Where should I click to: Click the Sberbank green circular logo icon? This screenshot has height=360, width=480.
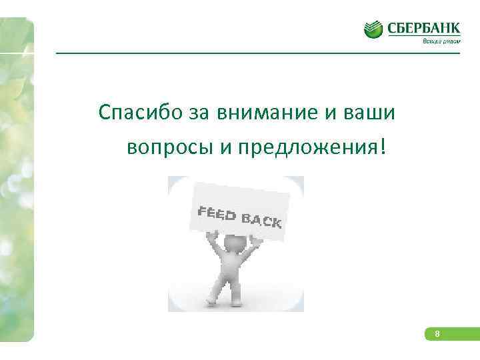(373, 29)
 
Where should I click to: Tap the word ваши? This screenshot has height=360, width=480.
(373, 113)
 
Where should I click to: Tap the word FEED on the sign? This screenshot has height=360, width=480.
(217, 214)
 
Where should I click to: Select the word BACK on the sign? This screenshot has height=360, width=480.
(261, 219)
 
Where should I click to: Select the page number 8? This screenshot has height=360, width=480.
(437, 334)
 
